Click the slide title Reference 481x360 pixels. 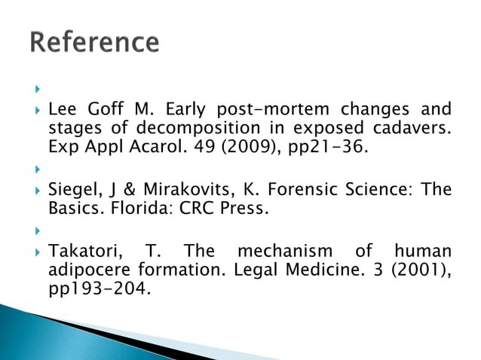pyautogui.click(x=94, y=42)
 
